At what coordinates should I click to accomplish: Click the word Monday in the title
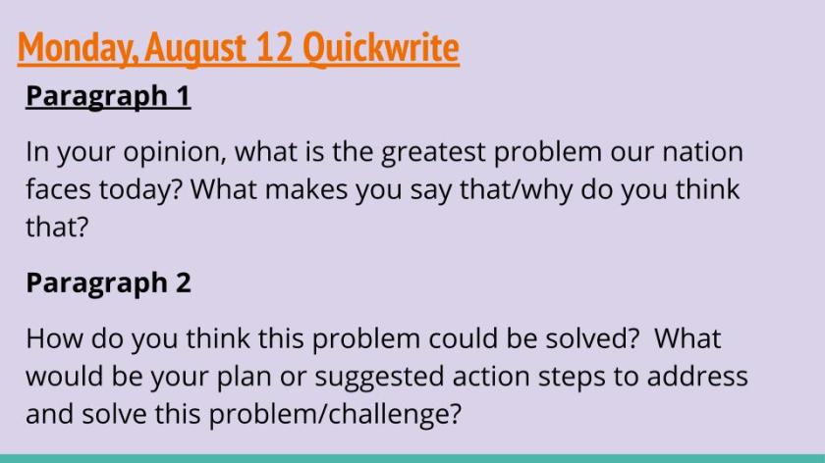68,46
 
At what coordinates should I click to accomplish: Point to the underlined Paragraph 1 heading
108,96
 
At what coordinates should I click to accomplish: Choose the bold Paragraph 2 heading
108,283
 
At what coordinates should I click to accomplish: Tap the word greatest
432,152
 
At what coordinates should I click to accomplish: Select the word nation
701,152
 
